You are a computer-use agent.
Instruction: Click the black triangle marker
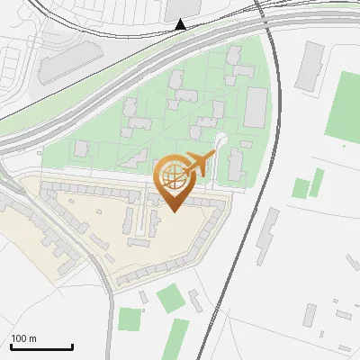coord(181,24)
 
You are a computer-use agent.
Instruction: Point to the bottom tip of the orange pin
coord(173,211)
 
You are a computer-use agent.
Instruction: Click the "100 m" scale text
coord(23,338)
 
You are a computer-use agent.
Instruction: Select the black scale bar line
coord(41,346)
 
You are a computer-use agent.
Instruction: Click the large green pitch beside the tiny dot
coord(343,103)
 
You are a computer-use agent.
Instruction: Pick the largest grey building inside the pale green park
coord(256,108)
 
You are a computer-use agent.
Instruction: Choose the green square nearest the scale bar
coord(130,319)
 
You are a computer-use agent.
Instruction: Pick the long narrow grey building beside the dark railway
coord(267,238)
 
